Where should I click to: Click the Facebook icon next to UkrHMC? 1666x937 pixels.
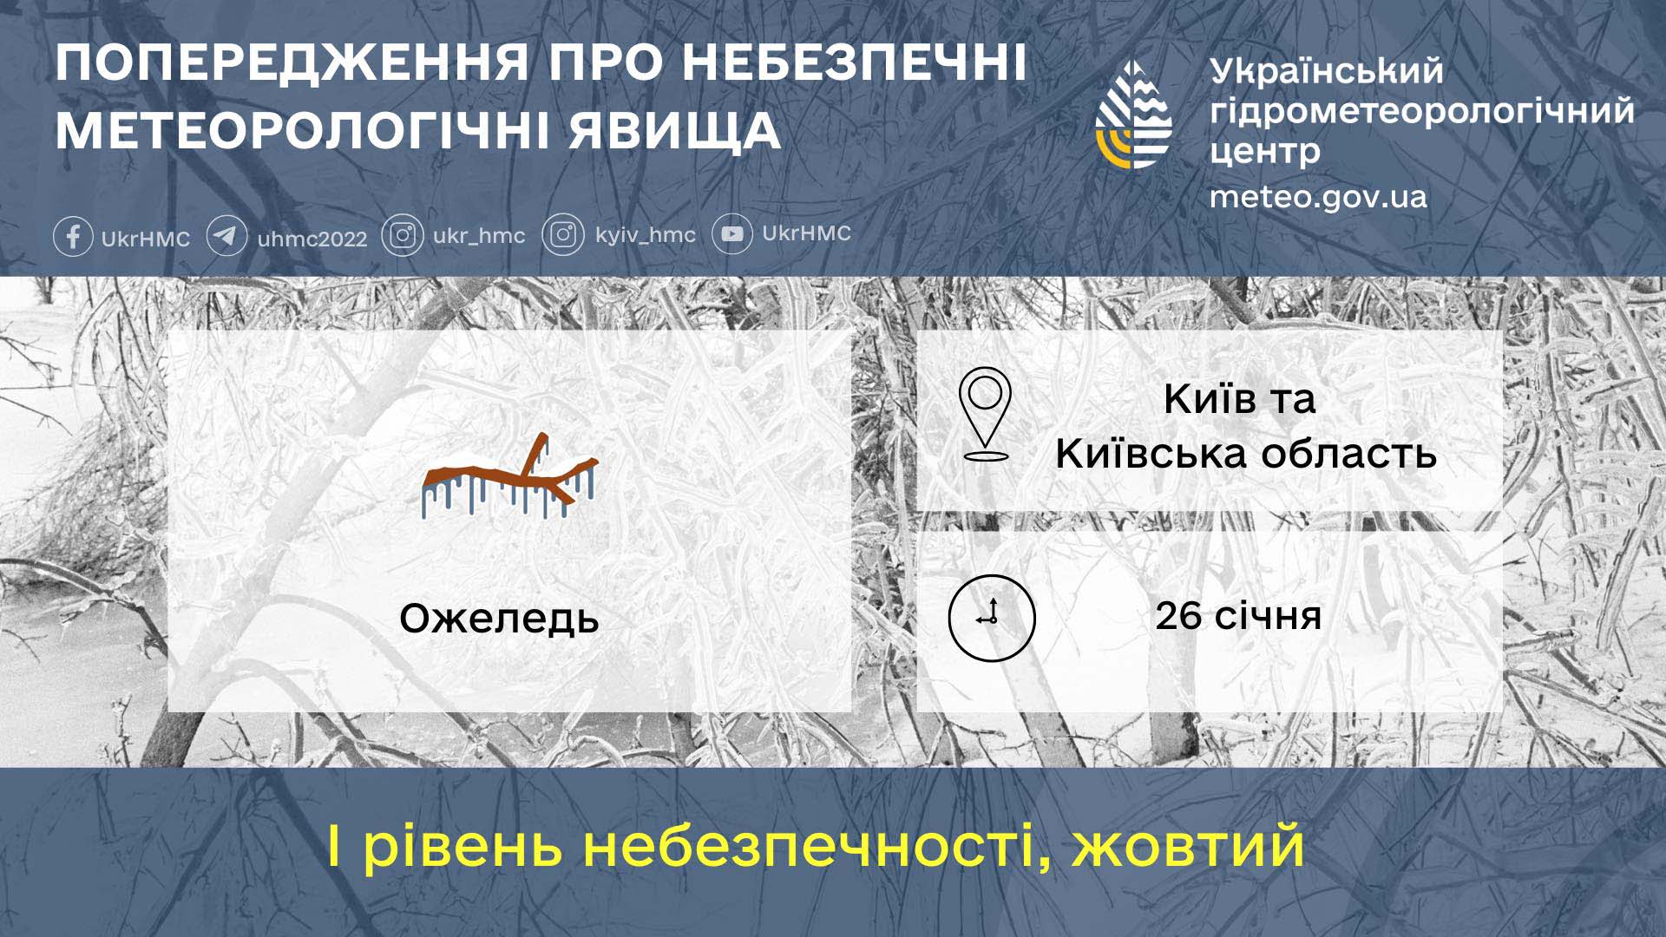point(74,236)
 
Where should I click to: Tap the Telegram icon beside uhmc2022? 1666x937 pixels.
point(226,236)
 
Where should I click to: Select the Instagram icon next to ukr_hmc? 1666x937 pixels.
point(403,235)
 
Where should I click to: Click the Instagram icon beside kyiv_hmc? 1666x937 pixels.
point(563,235)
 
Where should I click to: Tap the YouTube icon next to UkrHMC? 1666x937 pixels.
point(732,234)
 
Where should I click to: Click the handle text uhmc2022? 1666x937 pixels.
point(312,239)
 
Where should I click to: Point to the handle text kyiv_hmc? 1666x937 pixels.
point(646,235)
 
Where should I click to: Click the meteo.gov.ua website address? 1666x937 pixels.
point(1318,197)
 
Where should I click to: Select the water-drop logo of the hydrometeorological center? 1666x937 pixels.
point(1134,115)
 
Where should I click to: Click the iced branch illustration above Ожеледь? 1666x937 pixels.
point(510,478)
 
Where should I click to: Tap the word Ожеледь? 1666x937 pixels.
point(499,619)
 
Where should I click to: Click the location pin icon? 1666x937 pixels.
point(986,414)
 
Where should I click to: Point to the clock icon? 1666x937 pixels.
point(992,618)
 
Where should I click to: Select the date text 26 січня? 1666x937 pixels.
point(1238,616)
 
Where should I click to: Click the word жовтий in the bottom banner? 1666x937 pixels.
point(1188,846)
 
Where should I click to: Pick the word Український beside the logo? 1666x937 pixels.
point(1327,71)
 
